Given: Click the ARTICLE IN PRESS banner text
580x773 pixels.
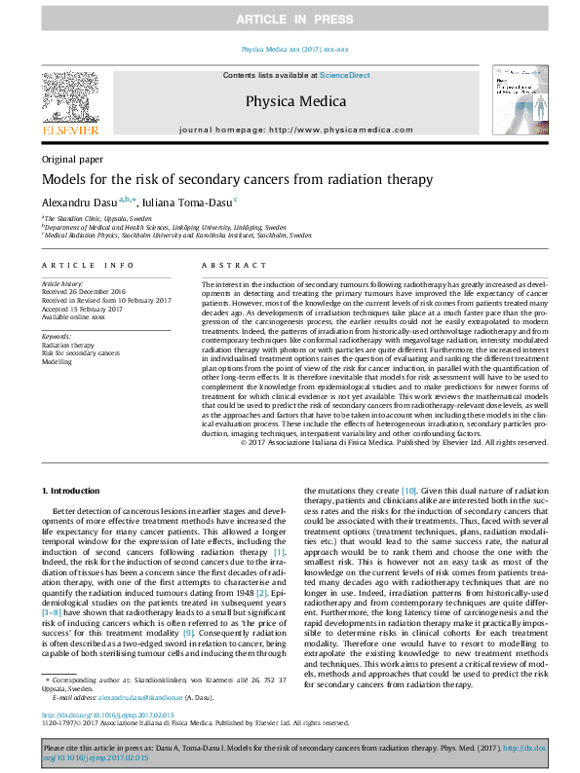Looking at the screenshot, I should (290, 18).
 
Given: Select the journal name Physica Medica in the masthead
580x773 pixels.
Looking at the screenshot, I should (290, 99).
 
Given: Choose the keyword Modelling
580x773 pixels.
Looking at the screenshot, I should (57, 360).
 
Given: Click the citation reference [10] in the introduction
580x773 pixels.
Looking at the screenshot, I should (409, 490).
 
